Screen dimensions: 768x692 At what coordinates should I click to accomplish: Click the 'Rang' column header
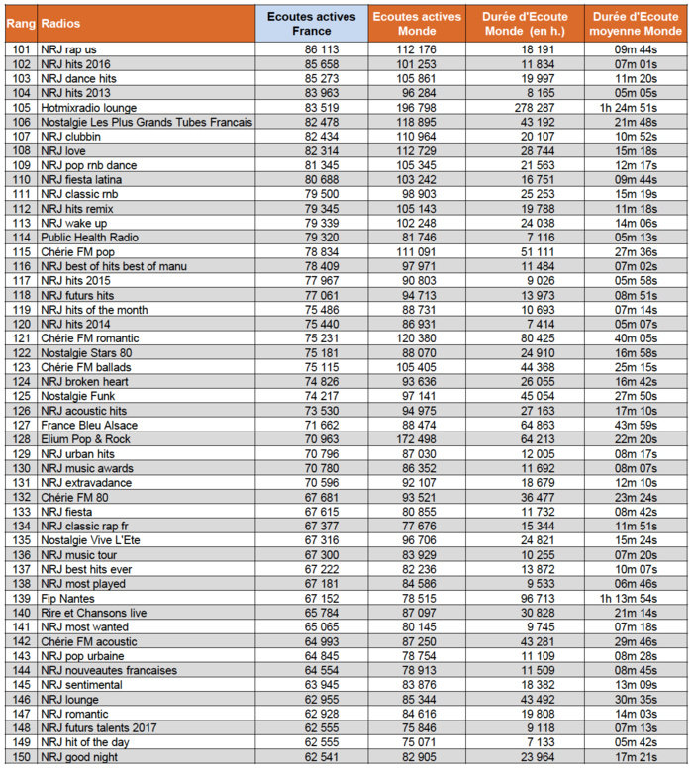(x=20, y=21)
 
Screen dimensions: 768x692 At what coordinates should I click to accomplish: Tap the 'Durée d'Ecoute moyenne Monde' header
(x=635, y=23)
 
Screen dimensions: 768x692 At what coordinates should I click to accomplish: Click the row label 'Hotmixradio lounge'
(x=89, y=107)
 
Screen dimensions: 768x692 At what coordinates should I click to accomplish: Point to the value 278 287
(x=525, y=107)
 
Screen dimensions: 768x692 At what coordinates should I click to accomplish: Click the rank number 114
(x=20, y=238)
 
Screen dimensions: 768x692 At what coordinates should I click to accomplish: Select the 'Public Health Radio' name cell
(x=88, y=238)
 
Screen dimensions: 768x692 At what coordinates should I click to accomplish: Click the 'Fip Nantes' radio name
(x=66, y=599)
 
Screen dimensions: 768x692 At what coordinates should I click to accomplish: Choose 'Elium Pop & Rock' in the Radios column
(x=86, y=439)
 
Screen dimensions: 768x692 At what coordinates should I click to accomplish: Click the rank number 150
(x=20, y=757)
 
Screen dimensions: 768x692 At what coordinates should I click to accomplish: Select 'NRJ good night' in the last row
(x=78, y=757)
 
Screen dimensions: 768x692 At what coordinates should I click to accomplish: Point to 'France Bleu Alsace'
(x=88, y=425)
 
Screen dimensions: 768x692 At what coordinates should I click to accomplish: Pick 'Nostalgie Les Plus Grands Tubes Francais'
(x=147, y=122)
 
